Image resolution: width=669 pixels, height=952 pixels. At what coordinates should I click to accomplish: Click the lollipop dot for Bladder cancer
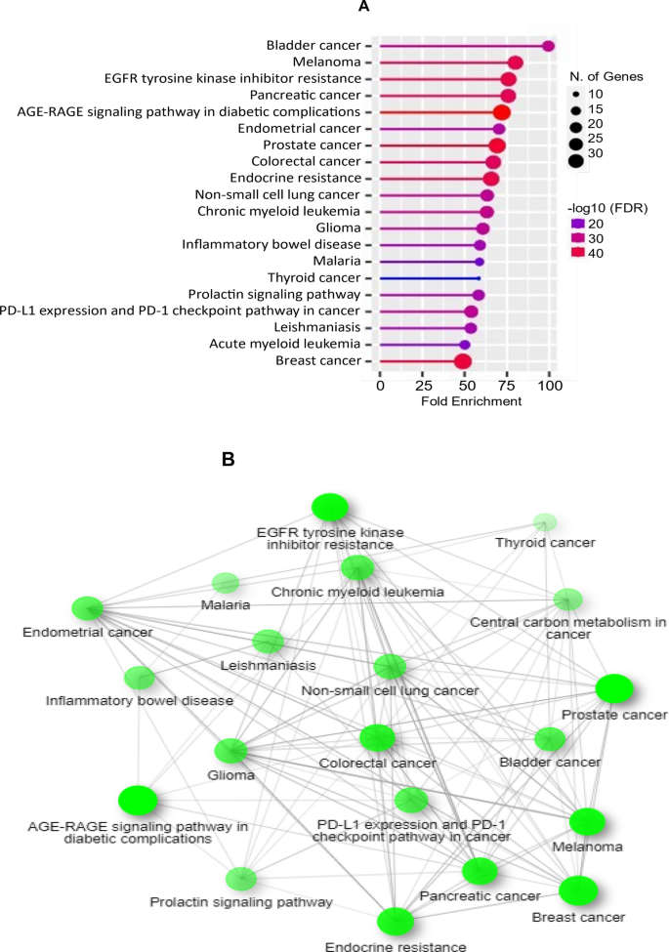point(549,46)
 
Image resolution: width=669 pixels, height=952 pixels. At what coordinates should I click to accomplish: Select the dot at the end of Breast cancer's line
point(463,361)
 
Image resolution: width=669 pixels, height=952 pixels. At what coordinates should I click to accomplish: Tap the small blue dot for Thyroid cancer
point(479,278)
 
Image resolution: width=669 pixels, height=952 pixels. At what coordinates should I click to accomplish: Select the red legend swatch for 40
point(578,252)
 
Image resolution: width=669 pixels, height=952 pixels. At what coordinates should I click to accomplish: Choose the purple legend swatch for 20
point(578,223)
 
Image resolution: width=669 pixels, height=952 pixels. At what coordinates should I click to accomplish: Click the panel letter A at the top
point(363,8)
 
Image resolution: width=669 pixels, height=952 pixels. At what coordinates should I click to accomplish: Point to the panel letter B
point(230,457)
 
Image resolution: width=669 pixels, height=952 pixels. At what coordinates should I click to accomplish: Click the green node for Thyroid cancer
point(546,522)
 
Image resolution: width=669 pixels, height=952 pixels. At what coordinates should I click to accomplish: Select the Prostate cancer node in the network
point(615,689)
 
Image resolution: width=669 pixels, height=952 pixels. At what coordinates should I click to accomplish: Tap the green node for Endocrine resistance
point(396,921)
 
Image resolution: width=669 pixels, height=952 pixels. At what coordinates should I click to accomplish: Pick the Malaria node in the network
point(226,583)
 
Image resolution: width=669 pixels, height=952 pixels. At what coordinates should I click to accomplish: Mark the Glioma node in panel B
point(231,751)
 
